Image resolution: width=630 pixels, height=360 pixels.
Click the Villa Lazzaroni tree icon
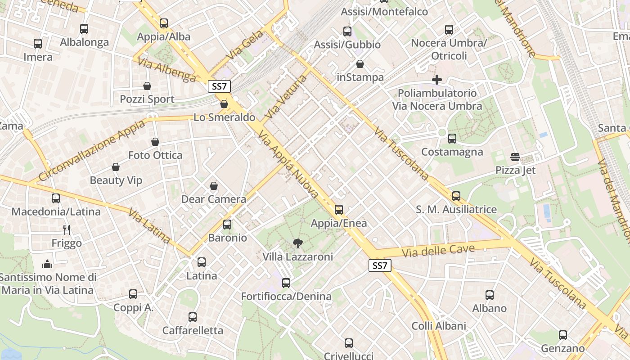point(297,243)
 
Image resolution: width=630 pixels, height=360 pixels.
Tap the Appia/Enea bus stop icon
point(339,210)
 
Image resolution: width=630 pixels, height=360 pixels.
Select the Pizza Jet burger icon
point(515,157)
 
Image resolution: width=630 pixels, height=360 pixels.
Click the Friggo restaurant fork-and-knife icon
point(67,230)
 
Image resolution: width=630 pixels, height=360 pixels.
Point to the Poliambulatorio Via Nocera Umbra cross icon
point(436,80)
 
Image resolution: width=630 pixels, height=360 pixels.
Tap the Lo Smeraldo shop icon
point(224,104)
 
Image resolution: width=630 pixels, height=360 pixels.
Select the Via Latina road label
point(149,226)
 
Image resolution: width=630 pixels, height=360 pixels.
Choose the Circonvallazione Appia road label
point(92,151)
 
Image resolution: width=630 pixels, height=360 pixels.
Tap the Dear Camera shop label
point(214,199)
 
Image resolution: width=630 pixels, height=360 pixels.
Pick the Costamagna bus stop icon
point(452,139)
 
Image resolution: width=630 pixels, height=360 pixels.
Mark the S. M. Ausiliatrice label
point(456,209)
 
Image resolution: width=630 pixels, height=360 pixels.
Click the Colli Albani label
point(439,326)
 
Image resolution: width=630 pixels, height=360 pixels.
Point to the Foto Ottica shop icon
point(155,142)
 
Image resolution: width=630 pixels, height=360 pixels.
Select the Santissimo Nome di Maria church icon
point(47,264)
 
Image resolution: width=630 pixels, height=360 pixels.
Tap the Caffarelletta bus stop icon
point(193,317)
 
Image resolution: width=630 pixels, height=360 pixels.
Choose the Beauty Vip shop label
point(116,180)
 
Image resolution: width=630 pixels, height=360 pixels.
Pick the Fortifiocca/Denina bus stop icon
point(286,283)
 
